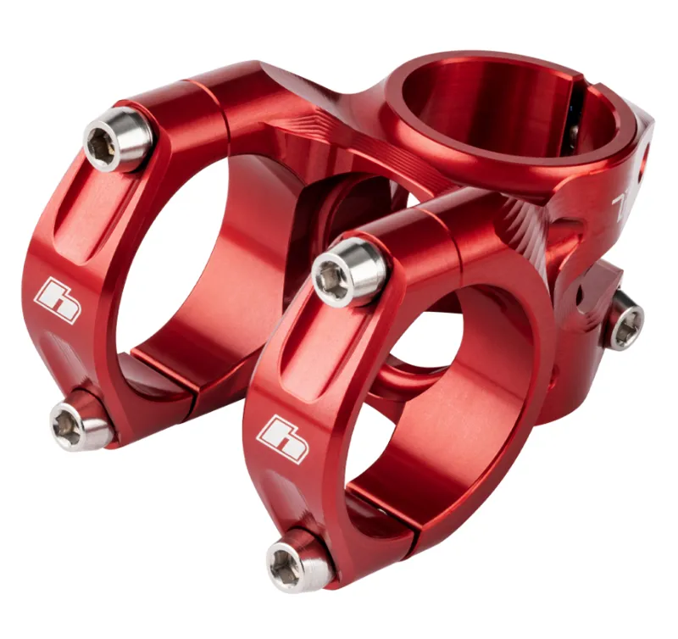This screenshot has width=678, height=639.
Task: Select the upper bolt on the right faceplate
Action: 349,270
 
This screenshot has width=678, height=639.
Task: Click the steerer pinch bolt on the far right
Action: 625,322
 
